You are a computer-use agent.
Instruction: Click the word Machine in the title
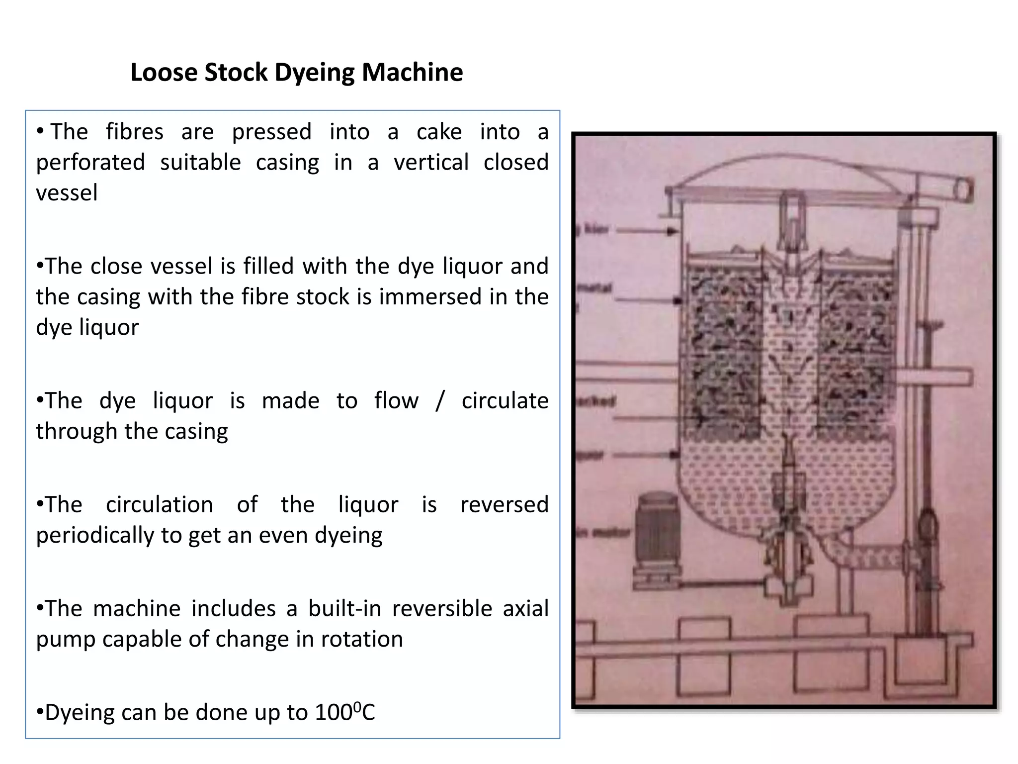click(x=412, y=73)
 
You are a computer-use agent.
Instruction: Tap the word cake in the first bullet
click(x=439, y=132)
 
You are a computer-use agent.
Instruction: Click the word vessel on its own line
click(x=67, y=193)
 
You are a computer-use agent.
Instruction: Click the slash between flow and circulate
click(x=439, y=401)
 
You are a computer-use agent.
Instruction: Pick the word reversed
click(x=504, y=505)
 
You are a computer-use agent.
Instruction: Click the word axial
click(x=525, y=609)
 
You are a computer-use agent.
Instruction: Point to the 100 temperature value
click(x=334, y=713)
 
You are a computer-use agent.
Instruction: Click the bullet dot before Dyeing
click(x=40, y=712)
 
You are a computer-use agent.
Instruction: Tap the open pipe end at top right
click(x=963, y=191)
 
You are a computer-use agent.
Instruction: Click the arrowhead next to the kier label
click(x=672, y=231)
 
